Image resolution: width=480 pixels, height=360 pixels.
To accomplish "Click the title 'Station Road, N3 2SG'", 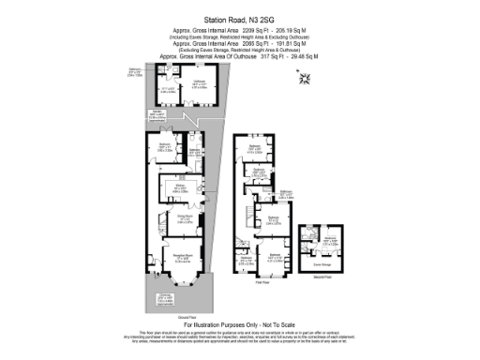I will pos(239,16).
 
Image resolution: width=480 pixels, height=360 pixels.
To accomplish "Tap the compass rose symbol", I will pos(302,79).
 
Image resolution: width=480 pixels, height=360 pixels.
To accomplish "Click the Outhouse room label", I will pos(199,83).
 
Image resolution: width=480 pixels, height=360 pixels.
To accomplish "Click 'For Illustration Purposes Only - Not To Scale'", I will pos(239,324).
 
